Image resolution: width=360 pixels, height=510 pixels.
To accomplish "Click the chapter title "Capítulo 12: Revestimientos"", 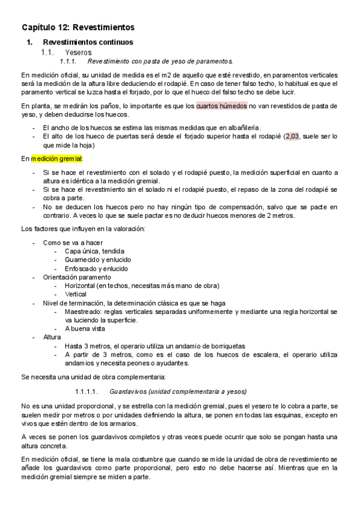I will tap(78, 28).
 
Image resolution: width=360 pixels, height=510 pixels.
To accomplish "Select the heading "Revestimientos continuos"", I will tap(88, 43).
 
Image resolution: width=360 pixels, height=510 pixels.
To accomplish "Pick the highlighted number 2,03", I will tap(292, 137).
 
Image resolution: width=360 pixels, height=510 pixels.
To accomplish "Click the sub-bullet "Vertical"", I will tap(76, 295).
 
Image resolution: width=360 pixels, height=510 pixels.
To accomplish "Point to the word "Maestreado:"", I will tap(83, 312).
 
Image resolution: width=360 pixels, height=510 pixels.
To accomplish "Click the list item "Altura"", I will tap(52, 338).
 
